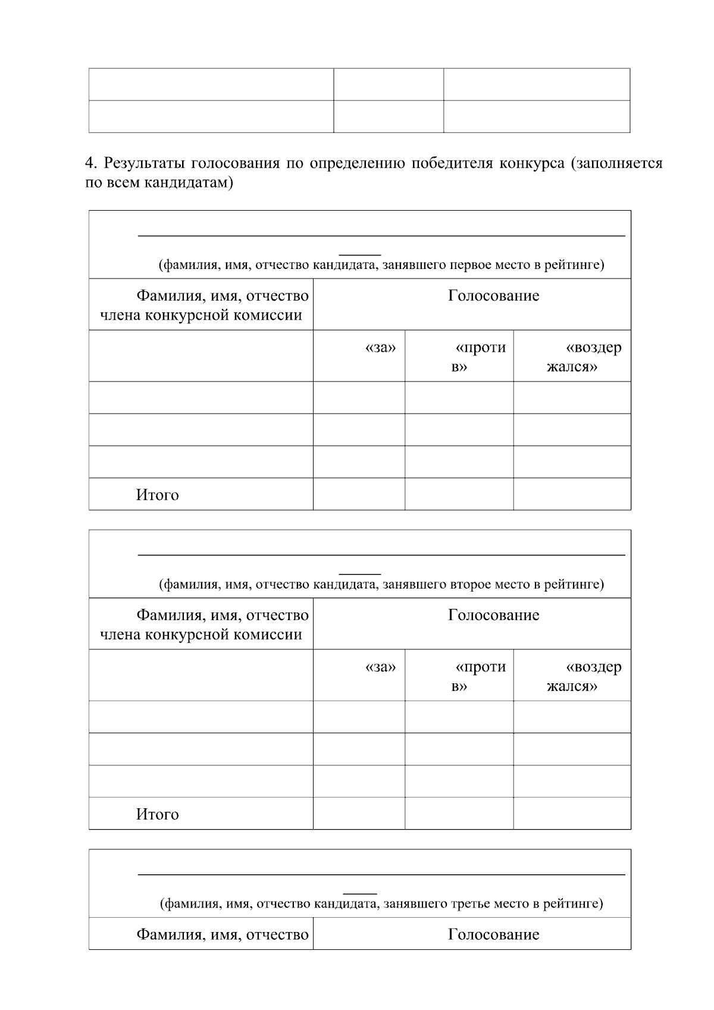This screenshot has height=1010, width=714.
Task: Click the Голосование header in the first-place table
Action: tap(493, 296)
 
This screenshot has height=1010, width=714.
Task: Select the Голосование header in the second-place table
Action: tap(493, 615)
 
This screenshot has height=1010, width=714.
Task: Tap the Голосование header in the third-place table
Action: tap(493, 934)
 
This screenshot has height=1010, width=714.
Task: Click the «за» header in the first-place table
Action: tap(380, 348)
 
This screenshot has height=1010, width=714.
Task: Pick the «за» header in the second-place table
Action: tap(380, 667)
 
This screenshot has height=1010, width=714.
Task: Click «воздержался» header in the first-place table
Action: tap(583, 357)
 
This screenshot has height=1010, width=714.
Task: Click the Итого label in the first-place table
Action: tap(157, 495)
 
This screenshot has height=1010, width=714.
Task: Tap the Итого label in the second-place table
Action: tap(157, 815)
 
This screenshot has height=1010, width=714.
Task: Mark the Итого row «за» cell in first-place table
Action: tap(359, 494)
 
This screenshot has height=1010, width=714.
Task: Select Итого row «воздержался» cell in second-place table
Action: tap(572, 814)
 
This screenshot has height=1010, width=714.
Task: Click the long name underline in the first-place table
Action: tap(381, 236)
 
